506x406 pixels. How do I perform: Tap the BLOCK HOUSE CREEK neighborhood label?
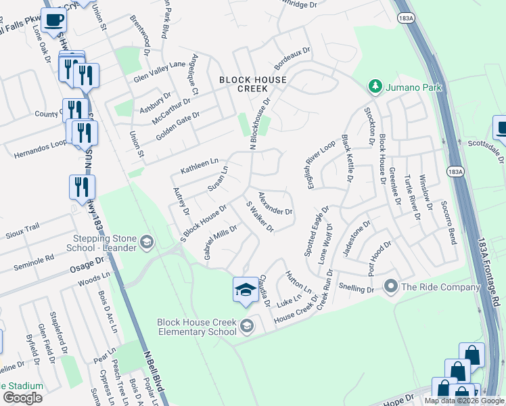click(252, 85)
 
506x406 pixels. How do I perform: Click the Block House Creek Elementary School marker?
click(247, 326)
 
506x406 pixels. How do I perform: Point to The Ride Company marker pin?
click(390, 286)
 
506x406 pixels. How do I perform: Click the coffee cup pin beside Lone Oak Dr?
click(53, 19)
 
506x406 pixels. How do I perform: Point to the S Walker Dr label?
click(259, 217)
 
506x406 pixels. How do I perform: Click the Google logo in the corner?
click(22, 397)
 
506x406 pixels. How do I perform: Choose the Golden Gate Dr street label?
click(179, 125)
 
